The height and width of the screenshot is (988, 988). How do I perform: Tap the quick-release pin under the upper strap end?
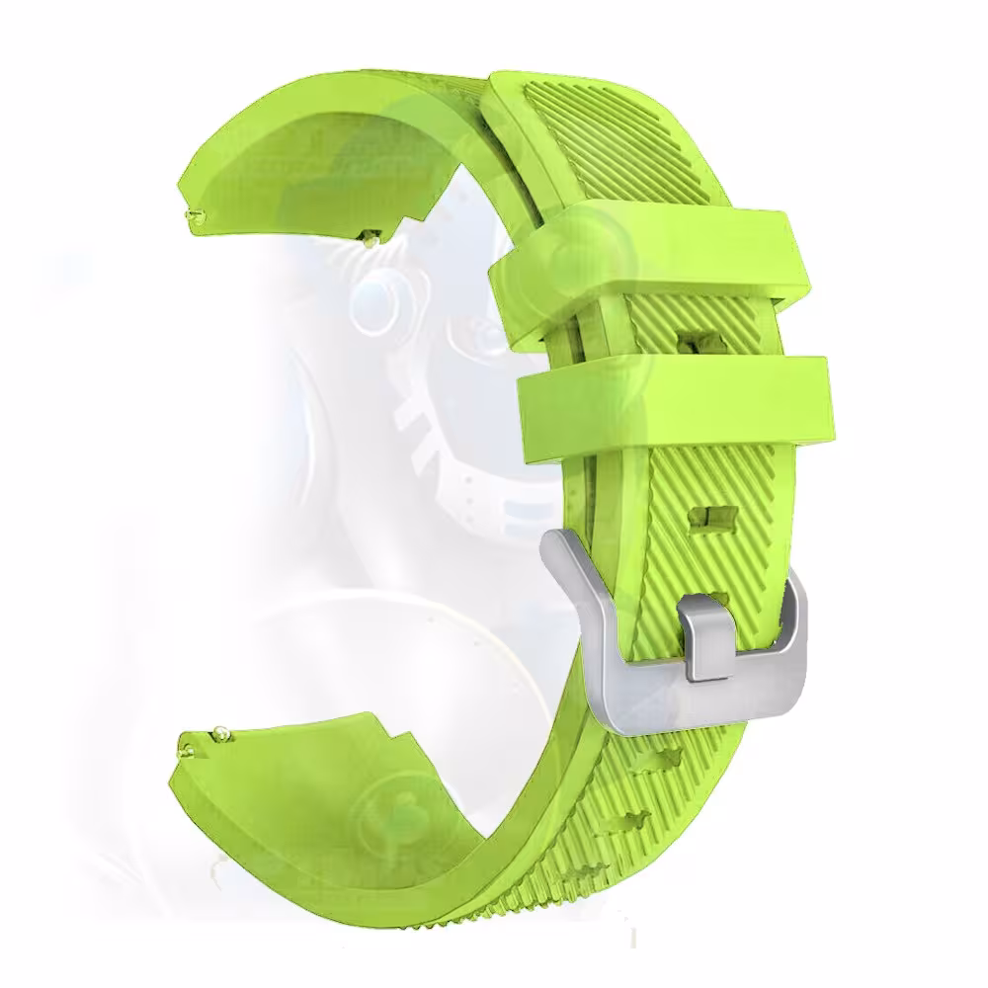coord(370,235)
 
